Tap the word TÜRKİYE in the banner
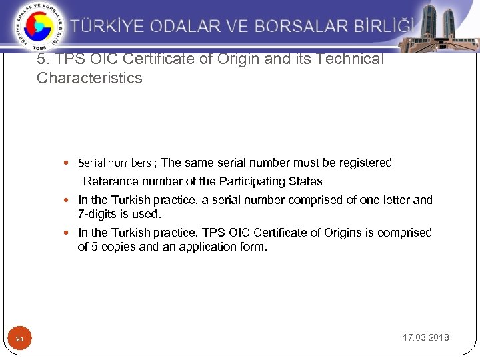107,27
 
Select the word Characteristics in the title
89,78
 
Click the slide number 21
20,340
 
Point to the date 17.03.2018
426,337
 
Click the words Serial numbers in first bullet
115,163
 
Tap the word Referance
111,181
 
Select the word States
305,181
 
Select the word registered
366,163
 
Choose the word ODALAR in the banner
187,27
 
